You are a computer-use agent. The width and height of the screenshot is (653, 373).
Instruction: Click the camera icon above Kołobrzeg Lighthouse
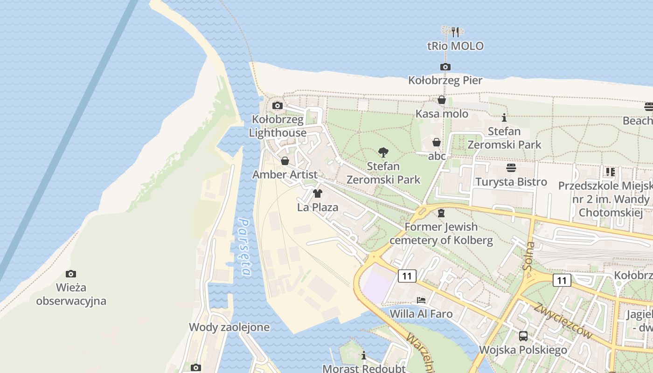pyautogui.click(x=278, y=105)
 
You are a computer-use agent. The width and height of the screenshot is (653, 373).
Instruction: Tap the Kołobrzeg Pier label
pyautogui.click(x=445, y=81)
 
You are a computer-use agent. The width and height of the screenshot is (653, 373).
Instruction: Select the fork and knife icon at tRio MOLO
pyautogui.click(x=455, y=32)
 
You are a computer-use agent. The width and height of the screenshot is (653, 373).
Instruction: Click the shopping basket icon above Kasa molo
pyautogui.click(x=442, y=100)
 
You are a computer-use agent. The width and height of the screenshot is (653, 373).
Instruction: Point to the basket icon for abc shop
pyautogui.click(x=437, y=142)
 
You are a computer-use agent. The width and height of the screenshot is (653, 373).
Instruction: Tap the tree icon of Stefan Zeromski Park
pyautogui.click(x=383, y=152)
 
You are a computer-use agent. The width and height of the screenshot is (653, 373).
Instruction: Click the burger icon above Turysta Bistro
pyautogui.click(x=511, y=167)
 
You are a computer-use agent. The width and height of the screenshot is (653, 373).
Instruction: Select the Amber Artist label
pyautogui.click(x=285, y=175)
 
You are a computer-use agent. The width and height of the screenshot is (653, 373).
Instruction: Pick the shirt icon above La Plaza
pyautogui.click(x=318, y=193)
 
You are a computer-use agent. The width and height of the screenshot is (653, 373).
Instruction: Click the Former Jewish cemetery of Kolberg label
pyautogui.click(x=441, y=234)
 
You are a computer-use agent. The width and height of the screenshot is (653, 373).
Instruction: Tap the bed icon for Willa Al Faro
pyautogui.click(x=421, y=300)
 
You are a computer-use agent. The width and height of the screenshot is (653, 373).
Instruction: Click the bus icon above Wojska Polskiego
pyautogui.click(x=523, y=336)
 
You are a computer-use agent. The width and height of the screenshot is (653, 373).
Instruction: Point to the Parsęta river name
pyautogui.click(x=245, y=247)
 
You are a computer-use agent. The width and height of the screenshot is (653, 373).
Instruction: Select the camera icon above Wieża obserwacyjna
pyautogui.click(x=71, y=274)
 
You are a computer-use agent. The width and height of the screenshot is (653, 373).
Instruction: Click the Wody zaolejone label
pyautogui.click(x=229, y=327)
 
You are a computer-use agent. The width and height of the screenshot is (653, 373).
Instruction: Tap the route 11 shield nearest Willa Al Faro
pyautogui.click(x=407, y=276)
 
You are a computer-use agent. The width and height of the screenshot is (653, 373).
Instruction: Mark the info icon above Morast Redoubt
pyautogui.click(x=364, y=355)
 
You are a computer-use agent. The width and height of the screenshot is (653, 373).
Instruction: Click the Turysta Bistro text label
pyautogui.click(x=511, y=182)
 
